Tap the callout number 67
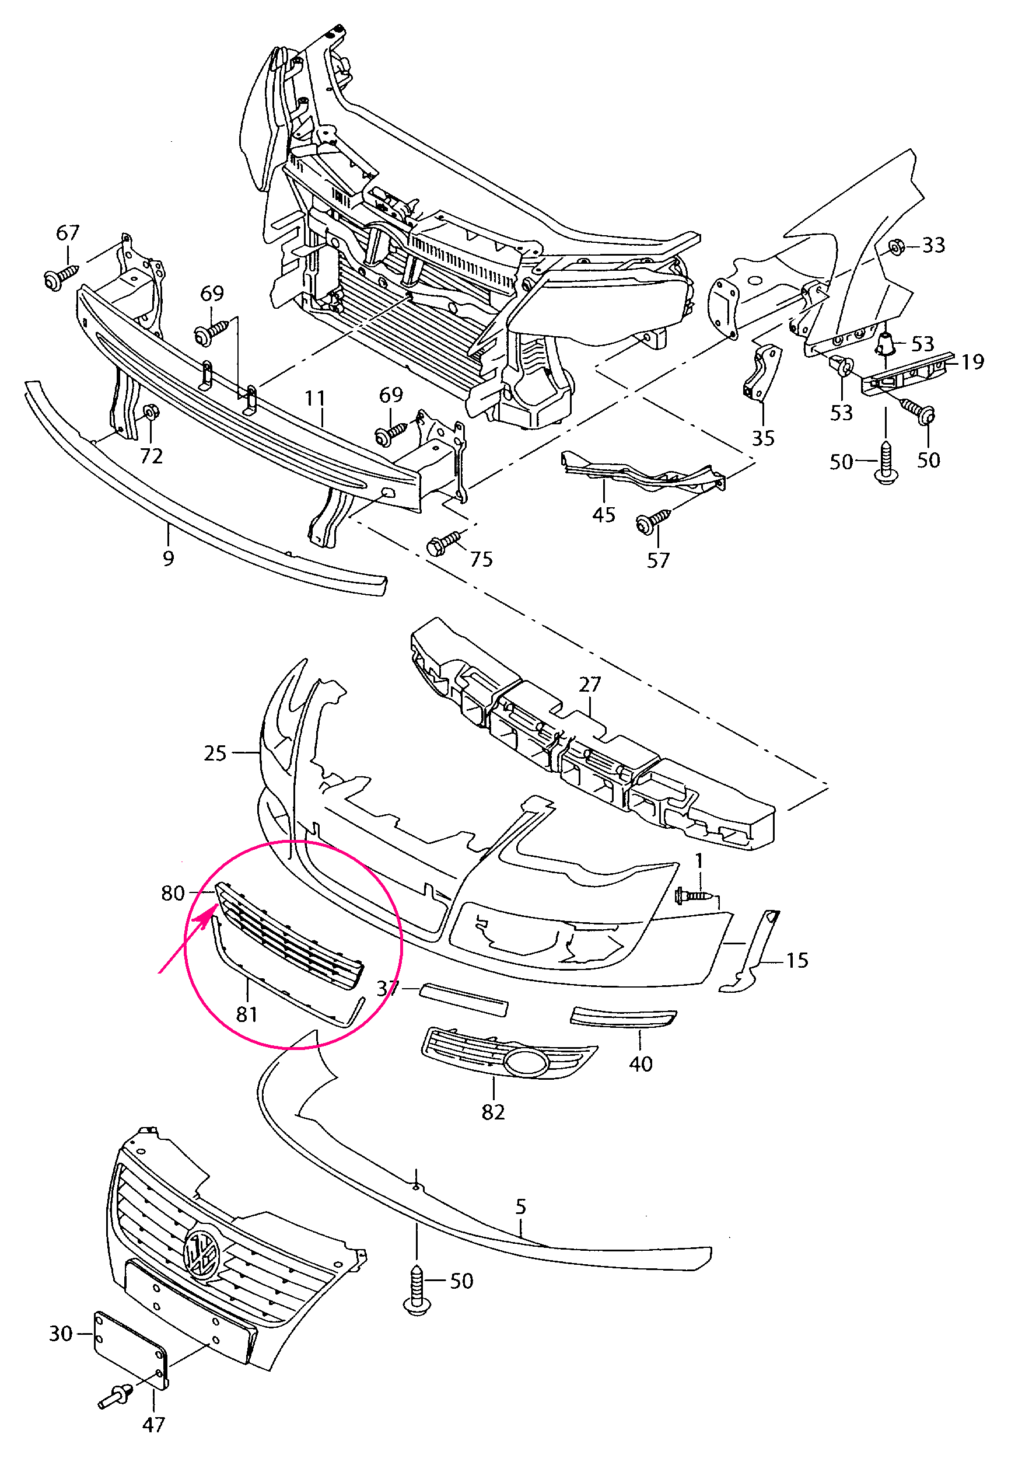click(x=68, y=233)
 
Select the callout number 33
click(x=933, y=245)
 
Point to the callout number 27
click(x=590, y=684)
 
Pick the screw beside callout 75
click(x=445, y=542)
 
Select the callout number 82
click(x=494, y=1112)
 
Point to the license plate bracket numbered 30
click(x=130, y=1348)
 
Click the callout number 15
click(x=797, y=960)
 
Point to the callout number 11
click(x=315, y=399)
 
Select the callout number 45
click(x=604, y=515)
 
